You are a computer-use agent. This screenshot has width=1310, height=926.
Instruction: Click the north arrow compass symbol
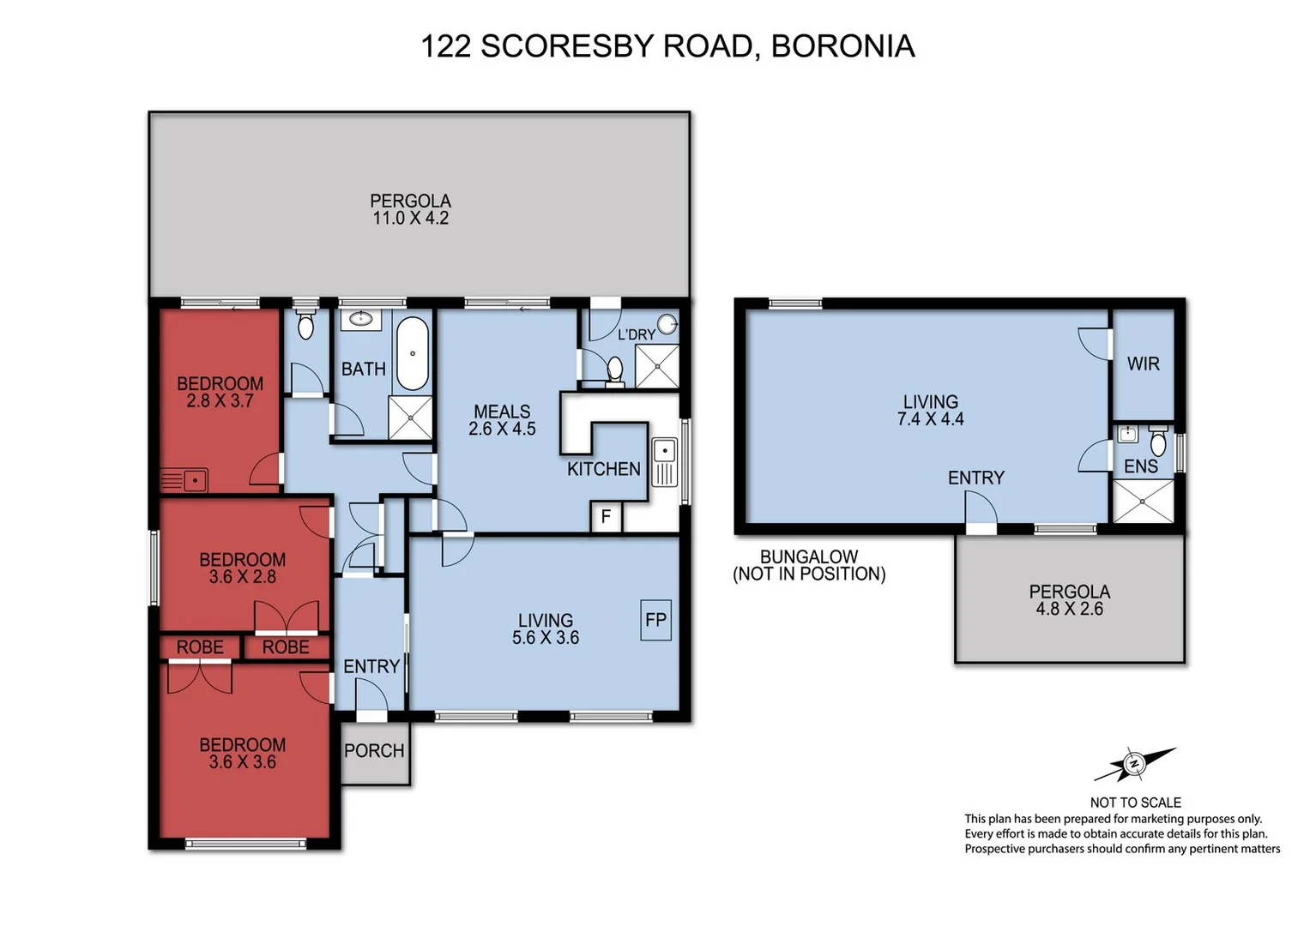pos(1134,763)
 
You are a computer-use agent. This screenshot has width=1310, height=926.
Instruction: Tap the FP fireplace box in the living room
pos(655,619)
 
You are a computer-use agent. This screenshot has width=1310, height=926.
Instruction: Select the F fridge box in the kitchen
pos(606,517)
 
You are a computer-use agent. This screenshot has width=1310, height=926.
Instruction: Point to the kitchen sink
pos(665,462)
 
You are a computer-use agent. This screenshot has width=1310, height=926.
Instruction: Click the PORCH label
pos(374,751)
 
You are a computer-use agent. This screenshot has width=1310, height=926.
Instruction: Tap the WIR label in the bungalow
pos(1143,364)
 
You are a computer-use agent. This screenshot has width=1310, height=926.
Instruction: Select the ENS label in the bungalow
pos(1141,466)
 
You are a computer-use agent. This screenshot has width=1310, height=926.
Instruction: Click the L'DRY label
pos(636,334)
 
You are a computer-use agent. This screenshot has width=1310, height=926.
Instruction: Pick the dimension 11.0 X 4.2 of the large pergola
pos(410,219)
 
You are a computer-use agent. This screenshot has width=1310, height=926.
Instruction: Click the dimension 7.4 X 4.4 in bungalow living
pos(931,419)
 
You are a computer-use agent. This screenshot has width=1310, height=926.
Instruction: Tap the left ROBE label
pos(200,647)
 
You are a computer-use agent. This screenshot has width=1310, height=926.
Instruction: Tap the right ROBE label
pos(286,647)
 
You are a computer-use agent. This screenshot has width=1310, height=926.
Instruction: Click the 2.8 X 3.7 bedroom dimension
pos(220,400)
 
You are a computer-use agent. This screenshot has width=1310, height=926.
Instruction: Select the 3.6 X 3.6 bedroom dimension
pos(242,762)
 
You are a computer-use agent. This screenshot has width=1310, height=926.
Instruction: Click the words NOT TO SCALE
pos(1135,803)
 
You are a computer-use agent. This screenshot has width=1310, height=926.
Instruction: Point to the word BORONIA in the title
pos(842,46)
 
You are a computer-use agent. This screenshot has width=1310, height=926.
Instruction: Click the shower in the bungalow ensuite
pos(1143,501)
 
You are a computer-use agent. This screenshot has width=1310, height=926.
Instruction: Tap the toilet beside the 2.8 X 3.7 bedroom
pos(305,325)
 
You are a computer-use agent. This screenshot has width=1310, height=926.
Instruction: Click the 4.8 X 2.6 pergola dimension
pos(1069,609)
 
